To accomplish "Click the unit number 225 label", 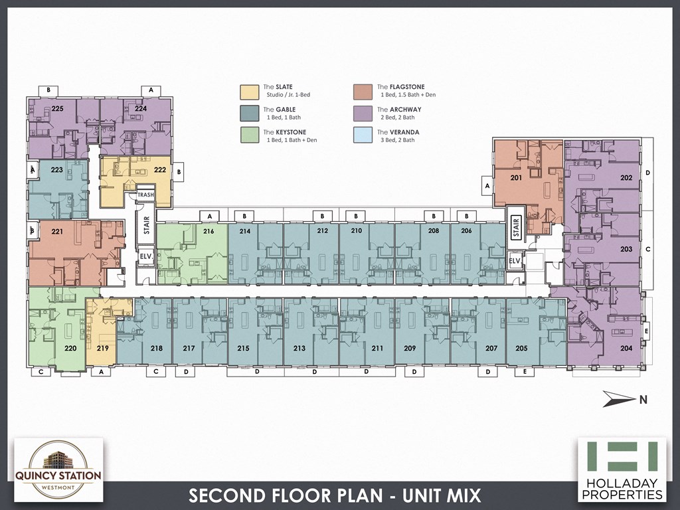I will pos(57,108).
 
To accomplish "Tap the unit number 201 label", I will pos(516,177).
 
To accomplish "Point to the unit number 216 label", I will pos(209,232).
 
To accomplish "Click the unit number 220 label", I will pos(70,347).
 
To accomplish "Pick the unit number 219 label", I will pos(102,348).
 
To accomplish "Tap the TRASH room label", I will pos(145,195).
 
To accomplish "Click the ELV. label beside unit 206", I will pos(514,262).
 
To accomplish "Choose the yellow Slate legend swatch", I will pos(249,91).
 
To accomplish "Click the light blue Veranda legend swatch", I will pos(363,135).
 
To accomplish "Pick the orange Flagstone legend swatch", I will pos(363,91).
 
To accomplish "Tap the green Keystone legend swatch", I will pos(249,135).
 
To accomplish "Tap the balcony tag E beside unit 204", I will pos(647,330).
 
